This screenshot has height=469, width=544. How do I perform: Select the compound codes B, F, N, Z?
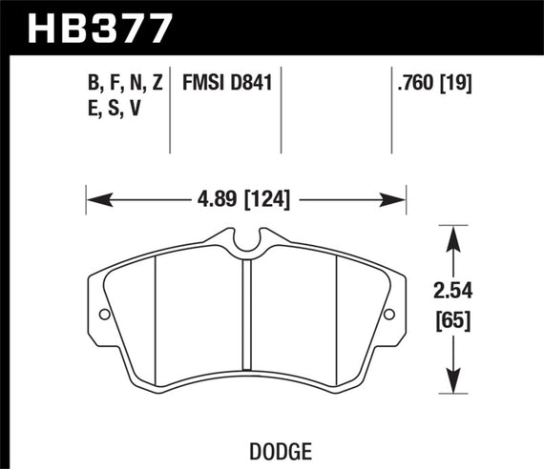pyautogui.click(x=123, y=84)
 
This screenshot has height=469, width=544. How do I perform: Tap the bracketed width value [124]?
pyautogui.click(x=268, y=199)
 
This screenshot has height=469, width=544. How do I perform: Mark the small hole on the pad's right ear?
pyautogui.click(x=388, y=316)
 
